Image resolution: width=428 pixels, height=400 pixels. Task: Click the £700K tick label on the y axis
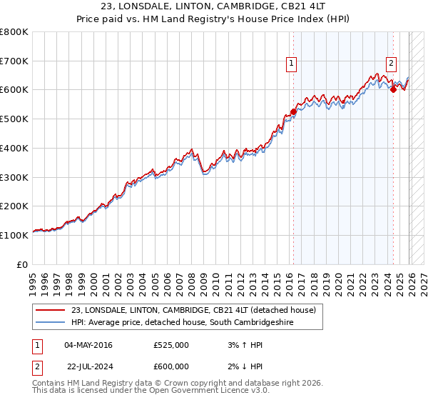(x=14, y=61)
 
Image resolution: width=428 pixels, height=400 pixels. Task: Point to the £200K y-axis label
(x=14, y=206)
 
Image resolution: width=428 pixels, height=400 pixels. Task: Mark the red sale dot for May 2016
(x=293, y=112)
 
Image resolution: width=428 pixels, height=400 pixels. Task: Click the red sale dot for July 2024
(x=393, y=90)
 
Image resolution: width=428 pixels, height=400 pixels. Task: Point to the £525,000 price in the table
(x=171, y=345)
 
